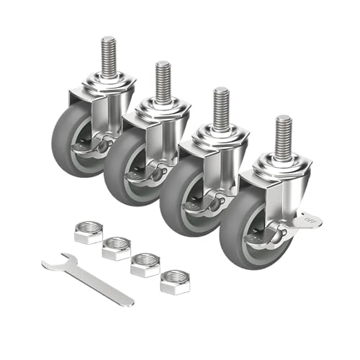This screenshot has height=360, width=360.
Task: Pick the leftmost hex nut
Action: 88,233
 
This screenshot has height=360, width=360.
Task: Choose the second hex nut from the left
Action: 116,249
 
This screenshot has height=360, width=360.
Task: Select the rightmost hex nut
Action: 174,281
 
